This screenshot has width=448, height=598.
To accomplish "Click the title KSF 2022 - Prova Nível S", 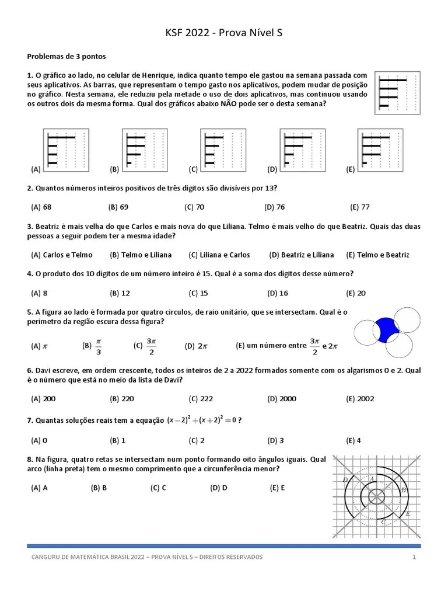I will click(224, 34).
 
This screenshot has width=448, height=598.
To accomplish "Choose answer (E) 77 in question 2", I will click(359, 207).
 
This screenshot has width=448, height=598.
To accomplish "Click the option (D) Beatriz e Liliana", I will click(302, 255).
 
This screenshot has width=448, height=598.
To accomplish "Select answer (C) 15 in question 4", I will click(198, 293).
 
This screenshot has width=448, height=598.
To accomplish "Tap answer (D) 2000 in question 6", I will click(282, 399).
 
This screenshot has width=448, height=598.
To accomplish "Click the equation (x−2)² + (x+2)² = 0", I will click(201, 420).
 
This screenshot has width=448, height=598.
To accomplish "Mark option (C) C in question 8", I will click(158, 488).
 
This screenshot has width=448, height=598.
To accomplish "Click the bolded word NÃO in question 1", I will click(229, 103).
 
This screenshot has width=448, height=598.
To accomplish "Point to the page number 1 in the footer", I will click(414, 557).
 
